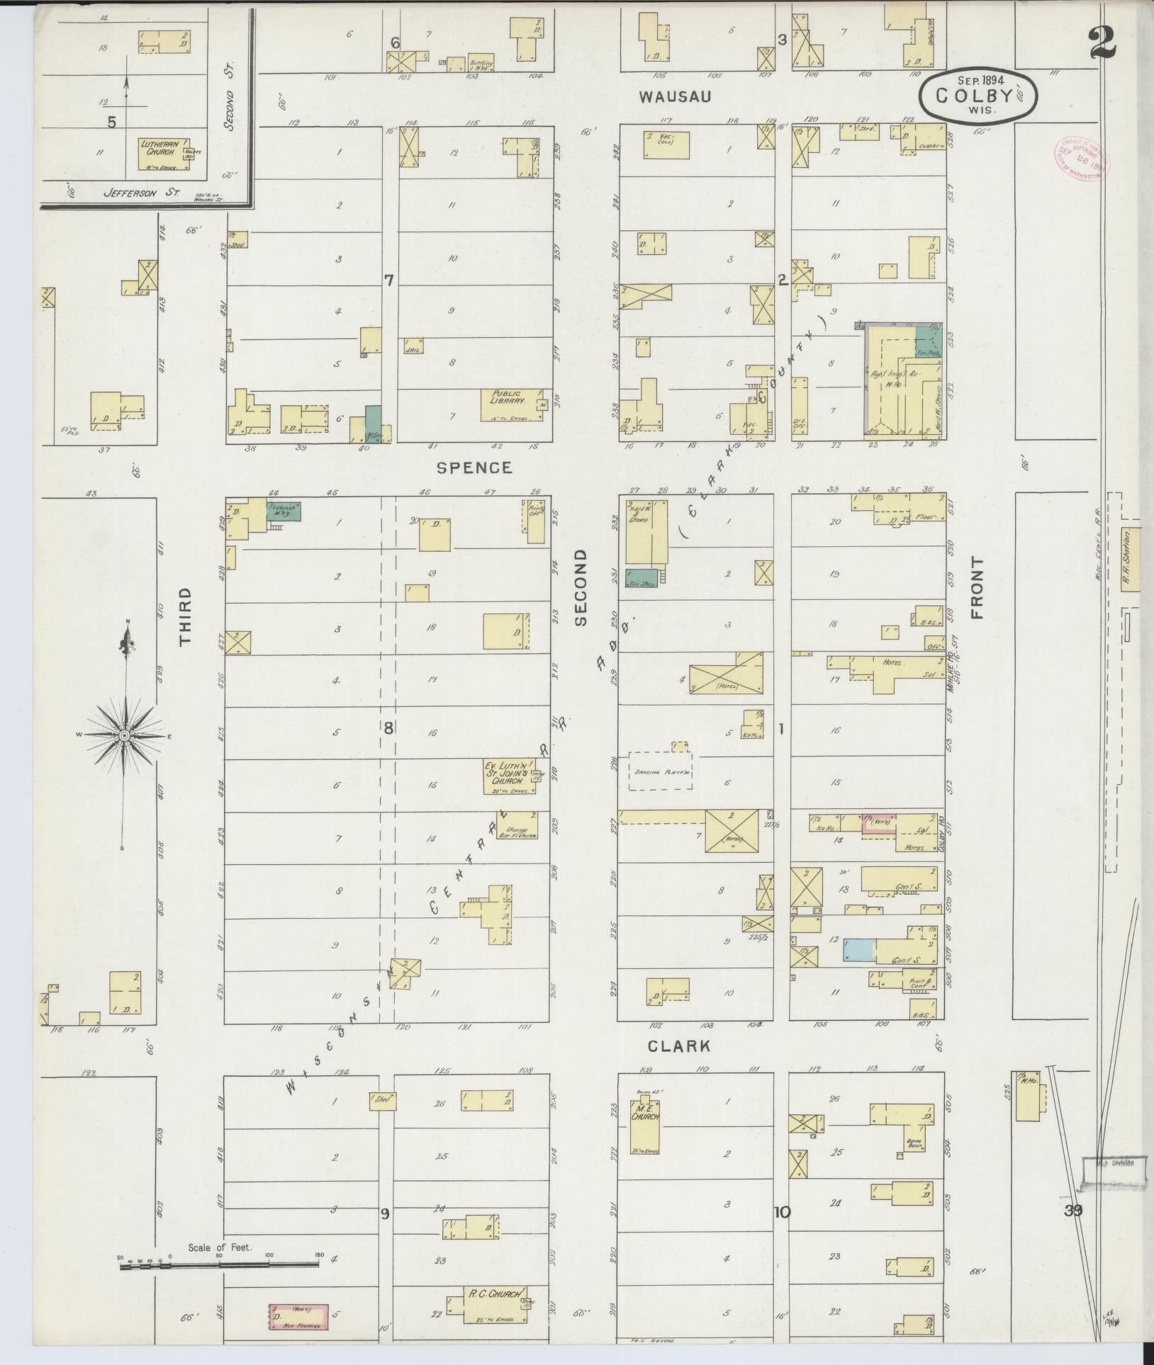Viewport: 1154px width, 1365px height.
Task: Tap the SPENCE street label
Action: pyautogui.click(x=474, y=468)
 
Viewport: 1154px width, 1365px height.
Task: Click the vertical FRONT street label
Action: pyautogui.click(x=978, y=588)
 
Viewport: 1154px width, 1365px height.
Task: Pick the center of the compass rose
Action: pyautogui.click(x=125, y=736)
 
